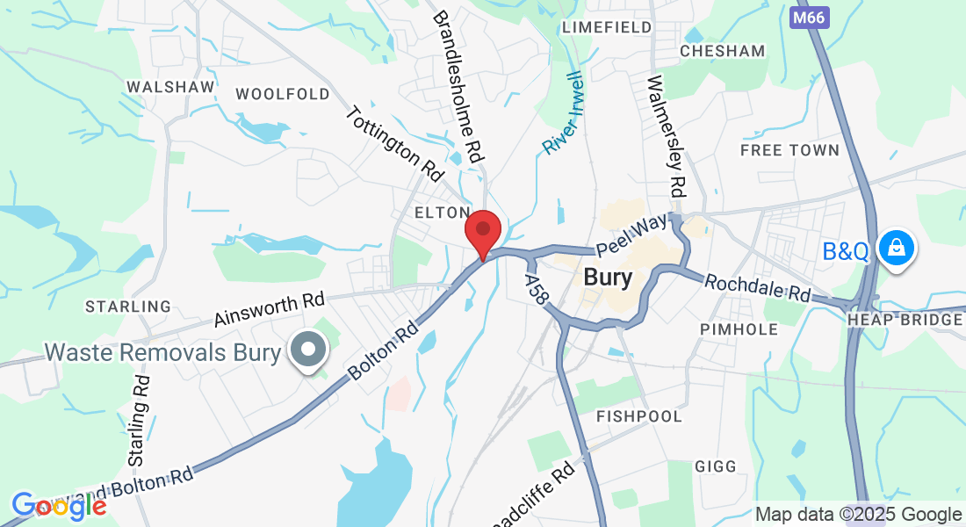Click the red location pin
(482, 231)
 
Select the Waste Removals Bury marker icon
(307, 351)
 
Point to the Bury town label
(608, 278)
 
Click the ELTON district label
(443, 213)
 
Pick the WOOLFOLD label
(283, 94)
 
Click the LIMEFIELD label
(608, 27)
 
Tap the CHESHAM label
(723, 51)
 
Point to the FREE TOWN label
(789, 150)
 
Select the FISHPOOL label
(639, 415)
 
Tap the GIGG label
(716, 466)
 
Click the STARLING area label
(128, 307)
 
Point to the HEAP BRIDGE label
(905, 320)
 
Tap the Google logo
(59, 506)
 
